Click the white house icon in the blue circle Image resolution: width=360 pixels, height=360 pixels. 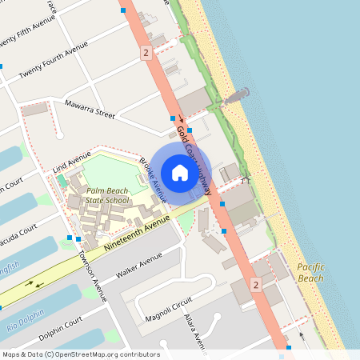(179, 173)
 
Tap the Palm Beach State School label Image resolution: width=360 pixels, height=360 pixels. (106, 195)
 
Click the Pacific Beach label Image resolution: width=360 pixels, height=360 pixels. (310, 272)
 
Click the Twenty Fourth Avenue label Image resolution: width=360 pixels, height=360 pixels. (54, 60)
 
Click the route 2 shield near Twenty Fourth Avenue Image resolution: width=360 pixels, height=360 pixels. (145, 53)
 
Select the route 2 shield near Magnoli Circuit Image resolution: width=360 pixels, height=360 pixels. (255, 285)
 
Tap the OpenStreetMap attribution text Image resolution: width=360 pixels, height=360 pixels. (81, 354)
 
